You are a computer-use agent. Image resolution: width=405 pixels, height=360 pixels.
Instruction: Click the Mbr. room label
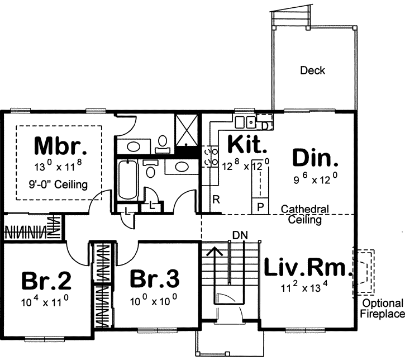point(60,146)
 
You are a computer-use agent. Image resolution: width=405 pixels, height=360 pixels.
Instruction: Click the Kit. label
point(246,146)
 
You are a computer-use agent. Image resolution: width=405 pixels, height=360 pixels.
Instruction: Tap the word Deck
point(312,71)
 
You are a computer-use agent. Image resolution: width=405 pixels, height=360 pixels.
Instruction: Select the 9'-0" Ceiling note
point(60,184)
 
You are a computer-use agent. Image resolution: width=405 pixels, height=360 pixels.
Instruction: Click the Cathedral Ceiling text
point(304,215)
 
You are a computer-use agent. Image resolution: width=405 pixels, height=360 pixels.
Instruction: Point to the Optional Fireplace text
point(383,309)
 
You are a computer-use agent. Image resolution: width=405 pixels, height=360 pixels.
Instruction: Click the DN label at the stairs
point(239,234)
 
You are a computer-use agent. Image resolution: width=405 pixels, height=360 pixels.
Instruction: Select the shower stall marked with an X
point(187,128)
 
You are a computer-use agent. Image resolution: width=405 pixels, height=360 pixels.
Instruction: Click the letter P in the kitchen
point(260,205)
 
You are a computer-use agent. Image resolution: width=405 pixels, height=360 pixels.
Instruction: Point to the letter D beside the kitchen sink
point(264,126)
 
